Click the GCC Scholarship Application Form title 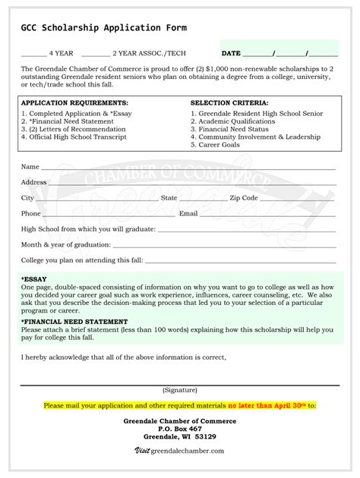tap(103, 28)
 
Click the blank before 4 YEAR tap(33, 55)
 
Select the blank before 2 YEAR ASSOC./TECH tap(95, 55)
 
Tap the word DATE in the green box tap(231, 54)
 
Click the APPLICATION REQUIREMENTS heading tap(74, 102)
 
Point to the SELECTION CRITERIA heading tap(229, 102)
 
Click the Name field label tap(30, 166)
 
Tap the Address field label tap(33, 182)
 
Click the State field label tap(169, 198)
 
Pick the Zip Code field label tap(244, 198)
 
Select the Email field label tap(188, 214)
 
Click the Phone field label tap(31, 214)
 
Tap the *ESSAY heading tap(34, 279)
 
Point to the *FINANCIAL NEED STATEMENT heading tap(74, 322)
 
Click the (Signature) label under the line tap(179, 390)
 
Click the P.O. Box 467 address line tap(180, 429)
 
